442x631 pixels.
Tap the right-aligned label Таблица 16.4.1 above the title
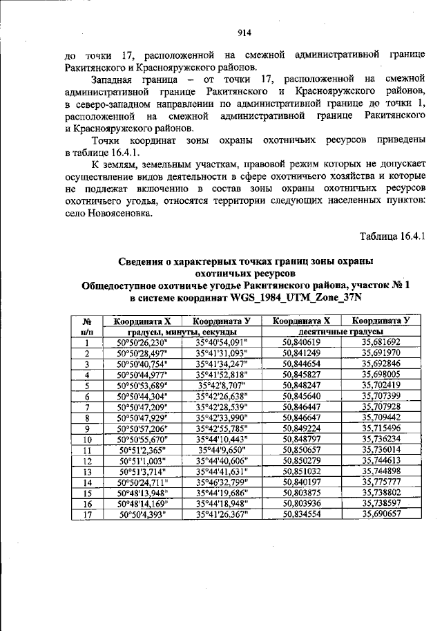(391, 237)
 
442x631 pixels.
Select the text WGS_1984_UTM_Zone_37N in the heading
(298, 296)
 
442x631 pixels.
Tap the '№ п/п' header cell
(88, 326)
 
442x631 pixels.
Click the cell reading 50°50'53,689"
(143, 385)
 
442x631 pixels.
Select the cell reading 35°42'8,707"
(221, 385)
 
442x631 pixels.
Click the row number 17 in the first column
(88, 515)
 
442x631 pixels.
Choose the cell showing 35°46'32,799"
(221, 482)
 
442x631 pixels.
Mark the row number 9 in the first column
(88, 428)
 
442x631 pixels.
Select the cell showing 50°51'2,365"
(143, 450)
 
